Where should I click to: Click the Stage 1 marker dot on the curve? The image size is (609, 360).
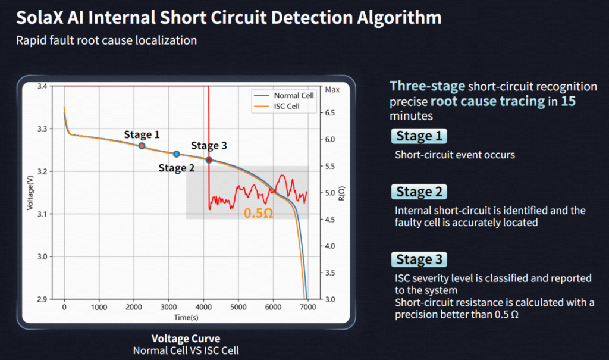coord(142,146)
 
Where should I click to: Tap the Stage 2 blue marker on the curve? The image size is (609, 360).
coord(177,154)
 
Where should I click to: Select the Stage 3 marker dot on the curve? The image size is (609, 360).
coord(209,159)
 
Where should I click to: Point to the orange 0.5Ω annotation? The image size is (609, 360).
coord(258,212)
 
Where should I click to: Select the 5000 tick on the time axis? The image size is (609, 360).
coord(238,307)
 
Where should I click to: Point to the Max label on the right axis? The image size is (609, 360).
coord(333,90)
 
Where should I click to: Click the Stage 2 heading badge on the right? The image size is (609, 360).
coord(419,192)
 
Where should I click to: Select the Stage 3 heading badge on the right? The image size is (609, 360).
coord(419,259)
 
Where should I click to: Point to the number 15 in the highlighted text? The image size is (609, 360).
coord(568,101)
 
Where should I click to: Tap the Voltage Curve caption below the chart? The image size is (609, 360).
coord(186,339)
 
